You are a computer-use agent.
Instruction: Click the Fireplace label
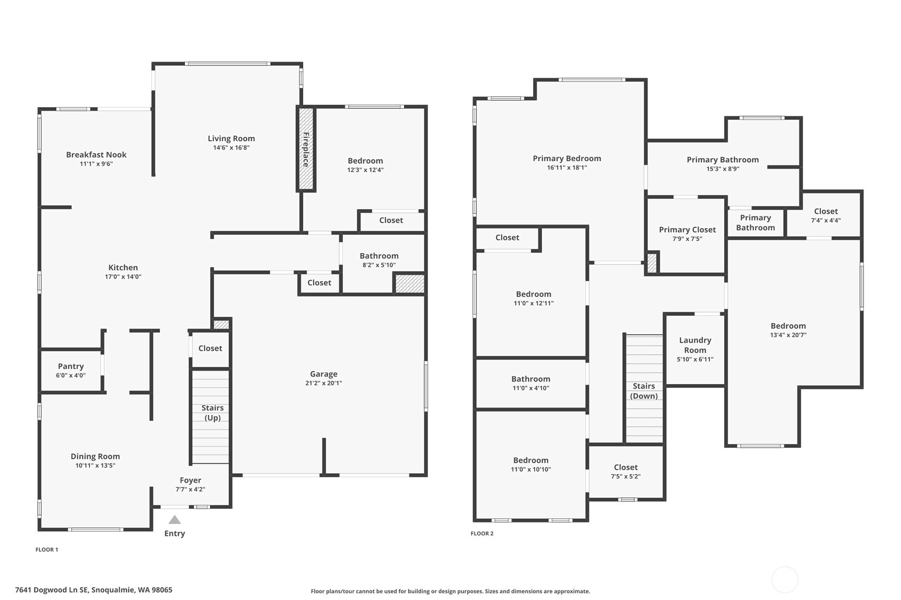(306, 150)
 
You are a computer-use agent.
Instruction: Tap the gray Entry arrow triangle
(175, 519)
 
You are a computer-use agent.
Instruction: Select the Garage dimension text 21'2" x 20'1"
(324, 383)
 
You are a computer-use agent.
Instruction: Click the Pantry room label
(71, 366)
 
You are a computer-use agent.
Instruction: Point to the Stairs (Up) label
(212, 413)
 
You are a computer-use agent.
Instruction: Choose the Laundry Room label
(695, 345)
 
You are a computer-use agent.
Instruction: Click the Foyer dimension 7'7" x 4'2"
(190, 489)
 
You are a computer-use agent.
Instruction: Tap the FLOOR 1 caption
(47, 550)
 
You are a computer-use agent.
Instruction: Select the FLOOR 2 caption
(482, 533)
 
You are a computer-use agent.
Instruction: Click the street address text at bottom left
(94, 590)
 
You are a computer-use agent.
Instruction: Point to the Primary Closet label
(687, 230)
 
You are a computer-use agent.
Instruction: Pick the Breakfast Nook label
(96, 155)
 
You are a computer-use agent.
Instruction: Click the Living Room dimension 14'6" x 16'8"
(231, 147)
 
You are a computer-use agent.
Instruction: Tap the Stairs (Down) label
(643, 391)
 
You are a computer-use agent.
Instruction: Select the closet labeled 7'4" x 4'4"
(826, 215)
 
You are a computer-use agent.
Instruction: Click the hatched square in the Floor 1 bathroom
(409, 283)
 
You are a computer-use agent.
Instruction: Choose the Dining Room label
(96, 456)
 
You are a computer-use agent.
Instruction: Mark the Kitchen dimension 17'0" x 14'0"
(123, 276)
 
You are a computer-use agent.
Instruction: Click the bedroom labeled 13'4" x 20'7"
(788, 330)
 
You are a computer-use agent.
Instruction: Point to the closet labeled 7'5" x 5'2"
(625, 472)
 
